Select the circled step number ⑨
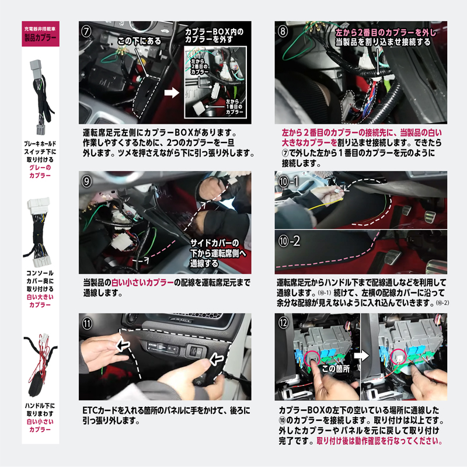pos(86,182)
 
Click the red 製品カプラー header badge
pos(40,36)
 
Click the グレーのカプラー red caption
pos(40,170)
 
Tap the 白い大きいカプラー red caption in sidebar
pos(40,300)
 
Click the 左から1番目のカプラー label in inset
pos(238,107)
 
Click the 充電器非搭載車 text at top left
pos(40,28)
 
